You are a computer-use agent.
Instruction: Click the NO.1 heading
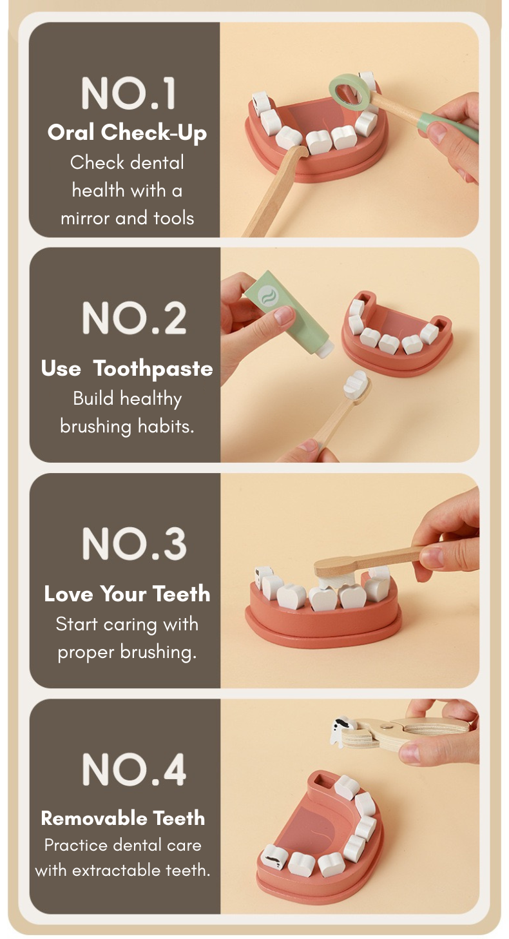coord(128,93)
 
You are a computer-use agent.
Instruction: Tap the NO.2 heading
coord(134,318)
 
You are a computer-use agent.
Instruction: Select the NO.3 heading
coord(134,544)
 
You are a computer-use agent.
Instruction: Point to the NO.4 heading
coord(134,770)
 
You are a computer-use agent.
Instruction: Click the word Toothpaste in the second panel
coord(153,369)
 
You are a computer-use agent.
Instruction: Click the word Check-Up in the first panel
coord(154,133)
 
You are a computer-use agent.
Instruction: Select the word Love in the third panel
coord(69,594)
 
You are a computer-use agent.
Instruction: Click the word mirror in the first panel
coord(86,218)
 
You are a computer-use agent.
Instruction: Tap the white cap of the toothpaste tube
coord(324,349)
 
